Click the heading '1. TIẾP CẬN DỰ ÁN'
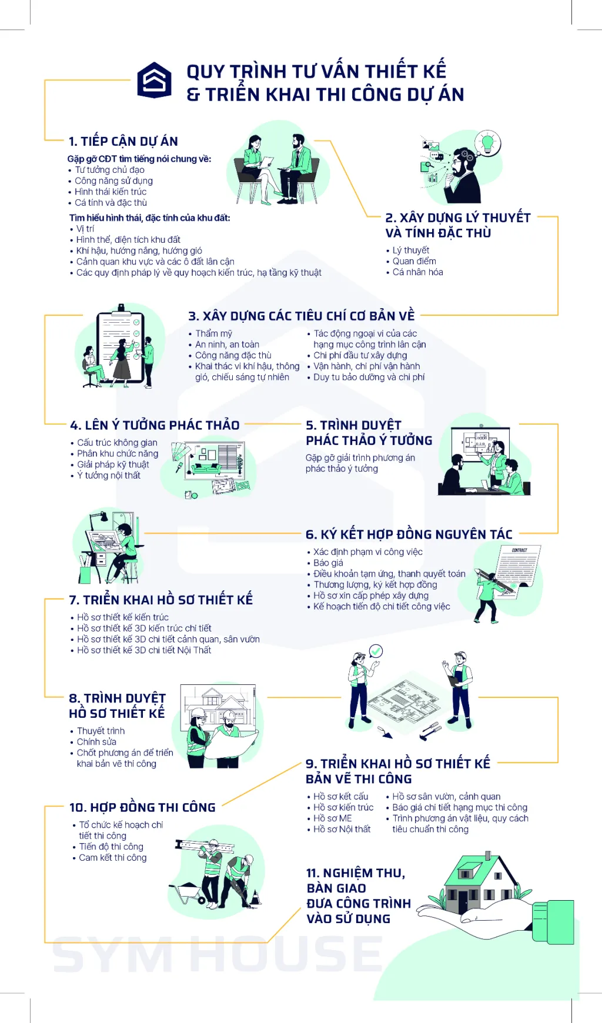123,142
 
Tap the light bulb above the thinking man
487,143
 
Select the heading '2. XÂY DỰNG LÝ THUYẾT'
458,218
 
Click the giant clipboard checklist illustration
121,345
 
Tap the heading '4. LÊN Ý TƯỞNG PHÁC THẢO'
155,425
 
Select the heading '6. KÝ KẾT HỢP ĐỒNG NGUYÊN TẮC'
409,534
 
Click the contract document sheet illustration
517,571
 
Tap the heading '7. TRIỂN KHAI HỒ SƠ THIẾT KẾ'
161,600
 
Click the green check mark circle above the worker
376,651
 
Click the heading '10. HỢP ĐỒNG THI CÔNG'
142,808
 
